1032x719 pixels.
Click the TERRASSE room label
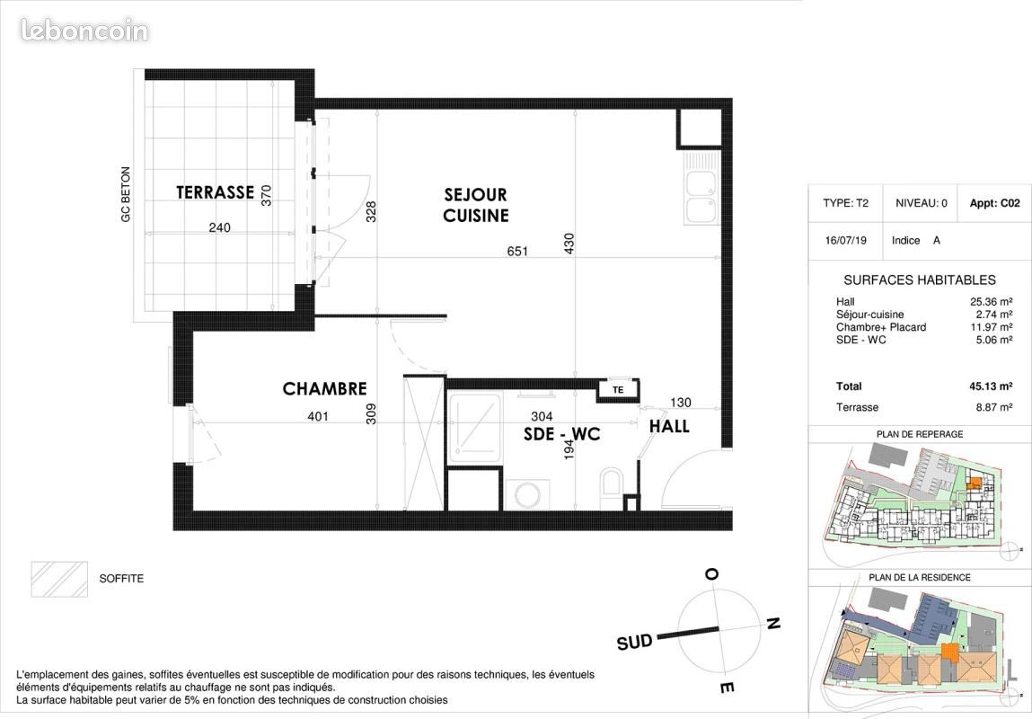[216, 192]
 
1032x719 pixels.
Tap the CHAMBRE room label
[324, 389]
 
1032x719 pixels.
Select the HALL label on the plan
[669, 427]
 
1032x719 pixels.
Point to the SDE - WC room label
[562, 435]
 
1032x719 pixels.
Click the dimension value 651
[517, 251]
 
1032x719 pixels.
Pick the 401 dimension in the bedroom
[318, 416]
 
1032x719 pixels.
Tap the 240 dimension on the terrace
[219, 227]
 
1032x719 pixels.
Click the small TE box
[618, 390]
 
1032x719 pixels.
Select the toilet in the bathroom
[612, 488]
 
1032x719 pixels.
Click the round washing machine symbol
[528, 494]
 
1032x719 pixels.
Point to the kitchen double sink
[701, 188]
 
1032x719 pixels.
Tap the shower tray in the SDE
[474, 427]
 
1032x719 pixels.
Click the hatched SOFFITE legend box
[59, 580]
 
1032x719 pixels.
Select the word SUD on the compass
[634, 642]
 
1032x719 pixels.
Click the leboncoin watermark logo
[84, 31]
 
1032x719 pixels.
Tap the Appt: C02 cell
[994, 203]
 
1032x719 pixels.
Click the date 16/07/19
[846, 240]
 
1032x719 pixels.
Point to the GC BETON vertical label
[126, 194]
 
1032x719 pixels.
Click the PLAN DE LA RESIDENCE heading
[920, 577]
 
